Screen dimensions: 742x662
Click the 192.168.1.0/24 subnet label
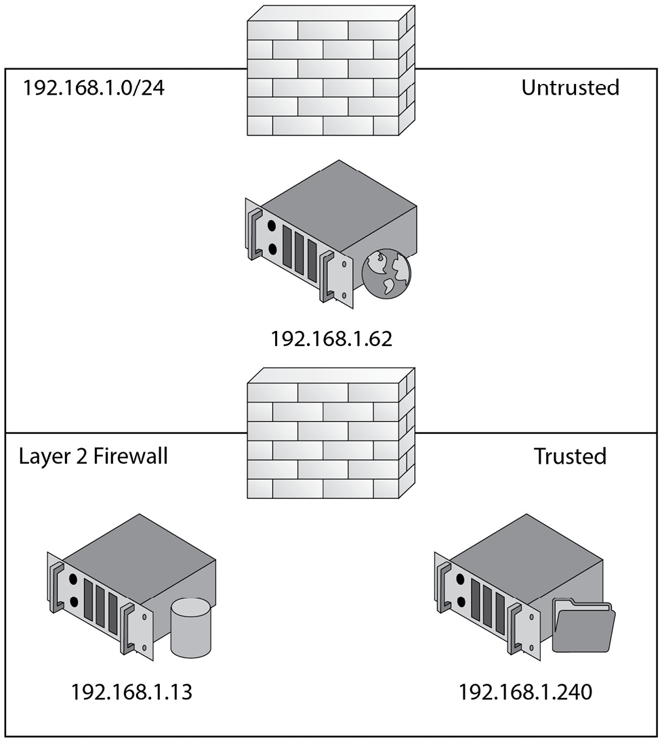point(94,89)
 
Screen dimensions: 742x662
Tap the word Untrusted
point(570,87)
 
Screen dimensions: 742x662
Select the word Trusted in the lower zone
point(570,456)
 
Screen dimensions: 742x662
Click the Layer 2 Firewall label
point(94,456)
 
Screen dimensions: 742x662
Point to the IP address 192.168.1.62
point(331,339)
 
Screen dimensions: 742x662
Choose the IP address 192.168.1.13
point(131,692)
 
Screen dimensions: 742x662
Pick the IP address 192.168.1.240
point(525,692)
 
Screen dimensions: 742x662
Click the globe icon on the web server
point(387,275)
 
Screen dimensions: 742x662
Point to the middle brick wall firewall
point(331,433)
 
